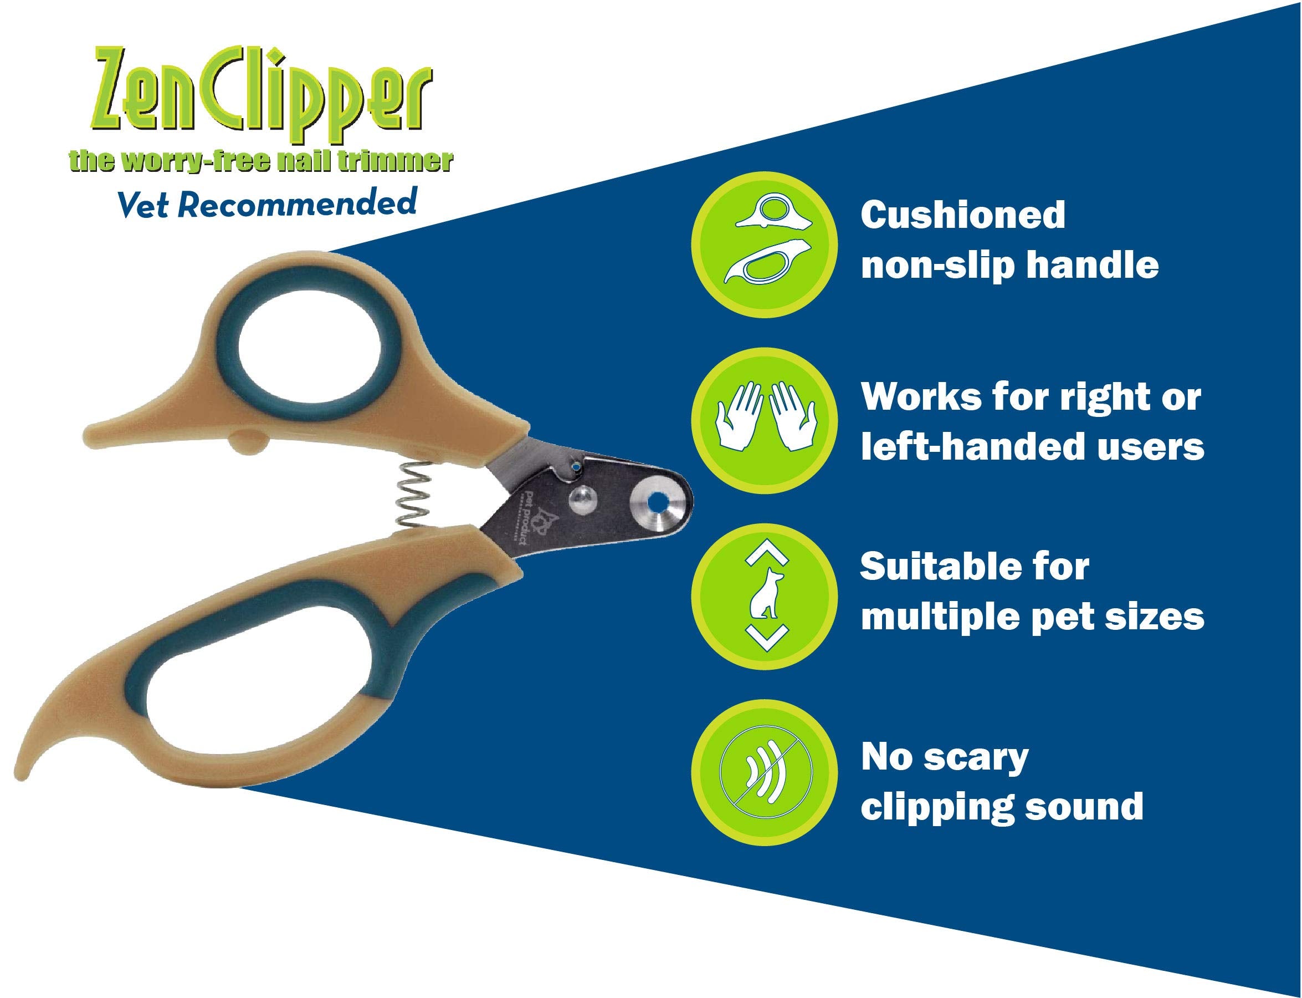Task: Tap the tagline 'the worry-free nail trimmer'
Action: [x=260, y=161]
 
